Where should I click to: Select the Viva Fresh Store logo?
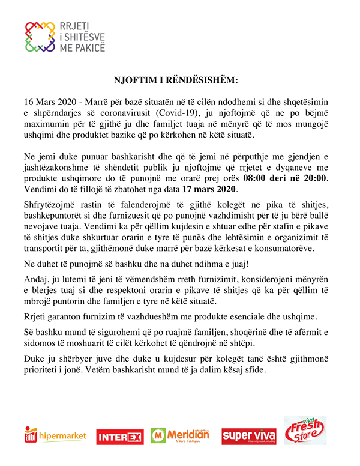(305, 431)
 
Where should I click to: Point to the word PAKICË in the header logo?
(89, 47)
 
